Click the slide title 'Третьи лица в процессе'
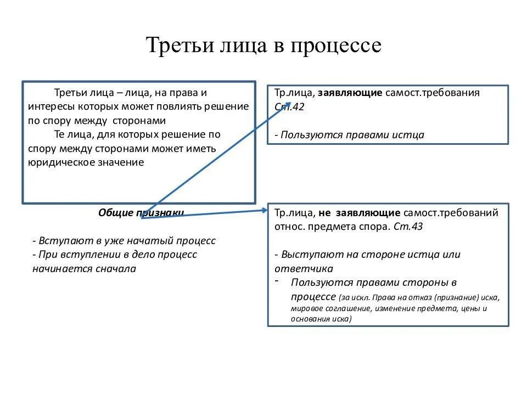[x=263, y=46]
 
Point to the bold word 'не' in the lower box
[x=325, y=213]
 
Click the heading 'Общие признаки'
[x=141, y=212]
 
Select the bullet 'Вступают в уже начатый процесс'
[x=124, y=241]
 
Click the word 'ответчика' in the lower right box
[x=304, y=269]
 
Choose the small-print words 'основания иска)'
[x=322, y=319]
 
